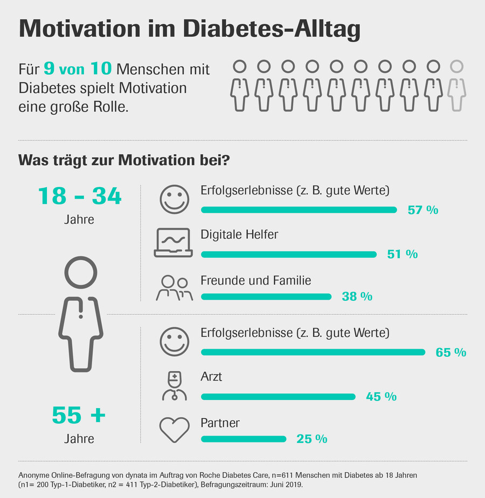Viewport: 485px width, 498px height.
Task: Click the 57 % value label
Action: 423,210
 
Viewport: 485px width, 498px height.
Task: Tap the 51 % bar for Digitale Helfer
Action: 289,254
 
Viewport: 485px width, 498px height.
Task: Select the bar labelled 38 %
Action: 266,296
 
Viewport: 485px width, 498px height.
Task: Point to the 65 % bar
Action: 313,352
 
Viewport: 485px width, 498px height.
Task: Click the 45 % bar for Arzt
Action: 278,397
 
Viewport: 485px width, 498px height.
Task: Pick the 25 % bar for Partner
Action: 244,439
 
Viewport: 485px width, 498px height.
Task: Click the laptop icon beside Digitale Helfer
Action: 173,243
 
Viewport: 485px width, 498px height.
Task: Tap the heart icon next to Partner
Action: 175,429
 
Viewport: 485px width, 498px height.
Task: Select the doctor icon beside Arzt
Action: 175,386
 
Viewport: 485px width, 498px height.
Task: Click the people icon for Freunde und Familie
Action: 175,288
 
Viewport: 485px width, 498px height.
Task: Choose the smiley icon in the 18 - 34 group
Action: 175,199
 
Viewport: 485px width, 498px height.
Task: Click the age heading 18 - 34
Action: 80,197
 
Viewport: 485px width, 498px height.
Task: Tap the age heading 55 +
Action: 79,416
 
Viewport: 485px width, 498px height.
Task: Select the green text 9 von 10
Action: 78,69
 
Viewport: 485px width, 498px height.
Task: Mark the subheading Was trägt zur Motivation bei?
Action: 124,160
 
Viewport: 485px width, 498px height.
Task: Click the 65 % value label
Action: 451,353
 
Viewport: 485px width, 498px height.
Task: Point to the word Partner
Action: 220,423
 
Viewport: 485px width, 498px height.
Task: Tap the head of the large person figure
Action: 80,272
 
